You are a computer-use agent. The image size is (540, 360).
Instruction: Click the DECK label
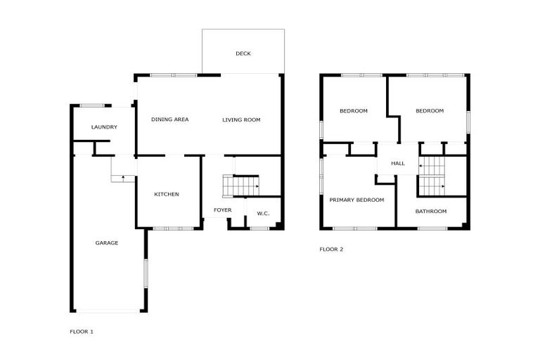click(x=243, y=54)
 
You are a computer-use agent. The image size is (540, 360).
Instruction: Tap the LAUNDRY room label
click(x=104, y=127)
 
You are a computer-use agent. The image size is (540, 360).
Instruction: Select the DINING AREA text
click(x=170, y=120)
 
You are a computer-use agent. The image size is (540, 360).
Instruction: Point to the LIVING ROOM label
click(x=241, y=120)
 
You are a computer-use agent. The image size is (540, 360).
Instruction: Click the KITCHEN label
click(x=167, y=194)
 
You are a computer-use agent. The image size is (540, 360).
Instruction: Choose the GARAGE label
click(x=107, y=243)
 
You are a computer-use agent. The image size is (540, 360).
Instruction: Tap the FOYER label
click(x=223, y=210)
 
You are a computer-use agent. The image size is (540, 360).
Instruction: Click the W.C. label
click(x=263, y=214)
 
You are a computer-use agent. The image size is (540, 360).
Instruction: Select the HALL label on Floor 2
click(x=398, y=164)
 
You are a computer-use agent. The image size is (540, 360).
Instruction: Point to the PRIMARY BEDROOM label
click(x=357, y=200)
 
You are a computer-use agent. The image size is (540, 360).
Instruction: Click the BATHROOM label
click(x=430, y=211)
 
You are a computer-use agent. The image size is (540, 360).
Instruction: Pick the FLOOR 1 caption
click(x=82, y=331)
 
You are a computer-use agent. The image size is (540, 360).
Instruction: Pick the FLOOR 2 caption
click(x=331, y=249)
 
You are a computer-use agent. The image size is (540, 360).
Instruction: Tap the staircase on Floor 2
click(x=432, y=176)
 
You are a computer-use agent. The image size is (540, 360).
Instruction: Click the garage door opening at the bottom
click(x=107, y=311)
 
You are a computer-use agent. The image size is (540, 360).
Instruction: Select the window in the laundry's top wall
click(x=91, y=105)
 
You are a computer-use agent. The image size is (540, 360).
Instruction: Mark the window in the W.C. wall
click(x=259, y=228)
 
